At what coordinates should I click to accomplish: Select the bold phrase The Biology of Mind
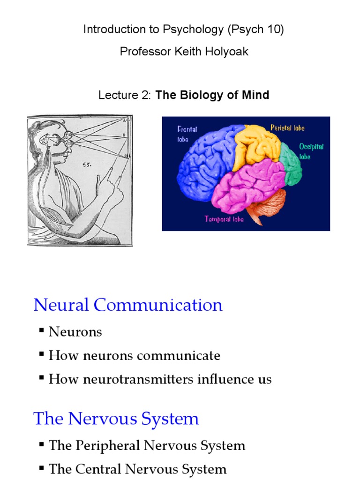[x=212, y=95]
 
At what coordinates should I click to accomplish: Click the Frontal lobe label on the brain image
[x=187, y=134]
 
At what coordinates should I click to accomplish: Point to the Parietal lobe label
[x=287, y=127]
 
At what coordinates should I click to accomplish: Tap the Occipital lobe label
[x=311, y=151]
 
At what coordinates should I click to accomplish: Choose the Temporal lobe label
[x=224, y=219]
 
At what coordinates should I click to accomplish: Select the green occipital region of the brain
[x=291, y=164]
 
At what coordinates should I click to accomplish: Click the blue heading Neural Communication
[x=128, y=305]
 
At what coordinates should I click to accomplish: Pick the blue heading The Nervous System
[x=116, y=419]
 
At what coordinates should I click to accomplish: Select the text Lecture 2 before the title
[x=125, y=95]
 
